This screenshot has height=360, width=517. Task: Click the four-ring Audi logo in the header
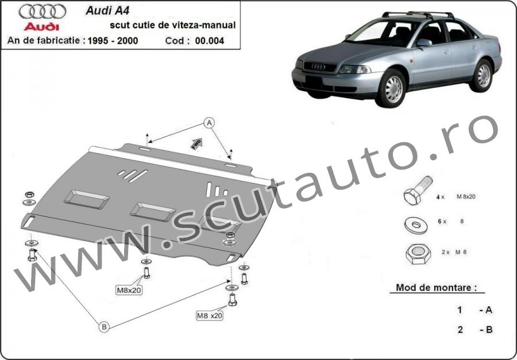click(42, 11)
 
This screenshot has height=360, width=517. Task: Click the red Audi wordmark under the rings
click(41, 27)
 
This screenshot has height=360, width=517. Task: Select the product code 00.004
click(209, 41)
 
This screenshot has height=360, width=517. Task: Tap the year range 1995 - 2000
click(113, 41)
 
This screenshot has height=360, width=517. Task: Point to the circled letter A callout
click(209, 123)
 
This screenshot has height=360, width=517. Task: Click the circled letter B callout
click(104, 327)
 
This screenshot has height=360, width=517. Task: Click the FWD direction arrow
click(196, 144)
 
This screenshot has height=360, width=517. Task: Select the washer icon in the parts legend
click(416, 225)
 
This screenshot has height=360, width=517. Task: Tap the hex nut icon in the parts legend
click(418, 254)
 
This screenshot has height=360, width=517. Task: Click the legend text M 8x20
click(466, 197)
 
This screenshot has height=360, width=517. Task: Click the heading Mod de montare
click(437, 288)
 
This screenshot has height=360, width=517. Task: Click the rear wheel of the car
click(483, 75)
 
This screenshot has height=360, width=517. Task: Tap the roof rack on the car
click(418, 15)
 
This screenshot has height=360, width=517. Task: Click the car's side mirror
click(425, 42)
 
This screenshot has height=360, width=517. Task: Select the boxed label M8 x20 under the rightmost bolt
click(210, 315)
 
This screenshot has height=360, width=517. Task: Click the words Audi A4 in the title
click(107, 10)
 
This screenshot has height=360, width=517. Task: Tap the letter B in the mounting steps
click(489, 330)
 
